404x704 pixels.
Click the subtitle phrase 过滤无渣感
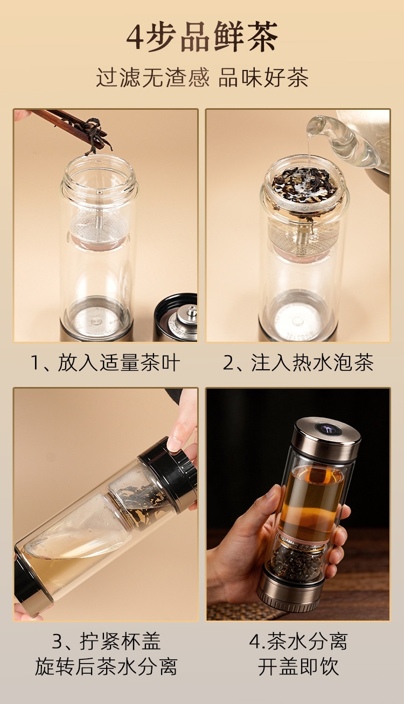click(152, 78)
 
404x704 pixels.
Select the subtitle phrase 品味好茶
click(263, 78)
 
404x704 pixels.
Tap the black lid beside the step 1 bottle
click(176, 318)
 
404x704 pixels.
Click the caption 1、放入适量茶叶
click(106, 362)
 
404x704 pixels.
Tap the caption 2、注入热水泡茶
click(298, 362)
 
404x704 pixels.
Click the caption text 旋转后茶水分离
click(106, 666)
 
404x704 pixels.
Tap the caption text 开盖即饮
click(298, 666)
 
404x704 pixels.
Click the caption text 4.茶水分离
click(298, 642)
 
